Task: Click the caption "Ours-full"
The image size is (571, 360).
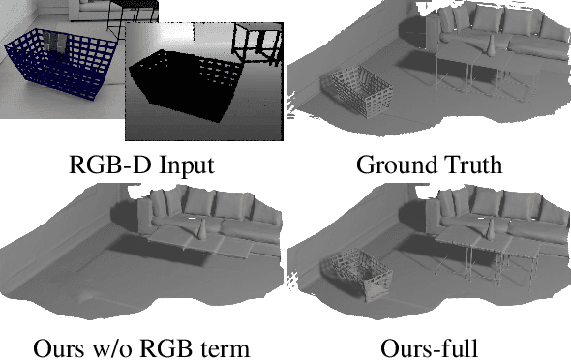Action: click(x=429, y=345)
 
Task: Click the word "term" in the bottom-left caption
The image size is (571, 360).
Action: click(x=225, y=345)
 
